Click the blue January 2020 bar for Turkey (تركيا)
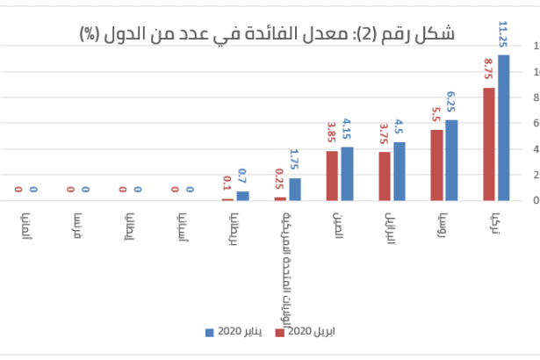[503, 127]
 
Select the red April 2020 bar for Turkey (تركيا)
[489, 144]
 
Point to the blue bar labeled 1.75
[295, 189]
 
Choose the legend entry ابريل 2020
[306, 332]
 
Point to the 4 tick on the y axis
[535, 149]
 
